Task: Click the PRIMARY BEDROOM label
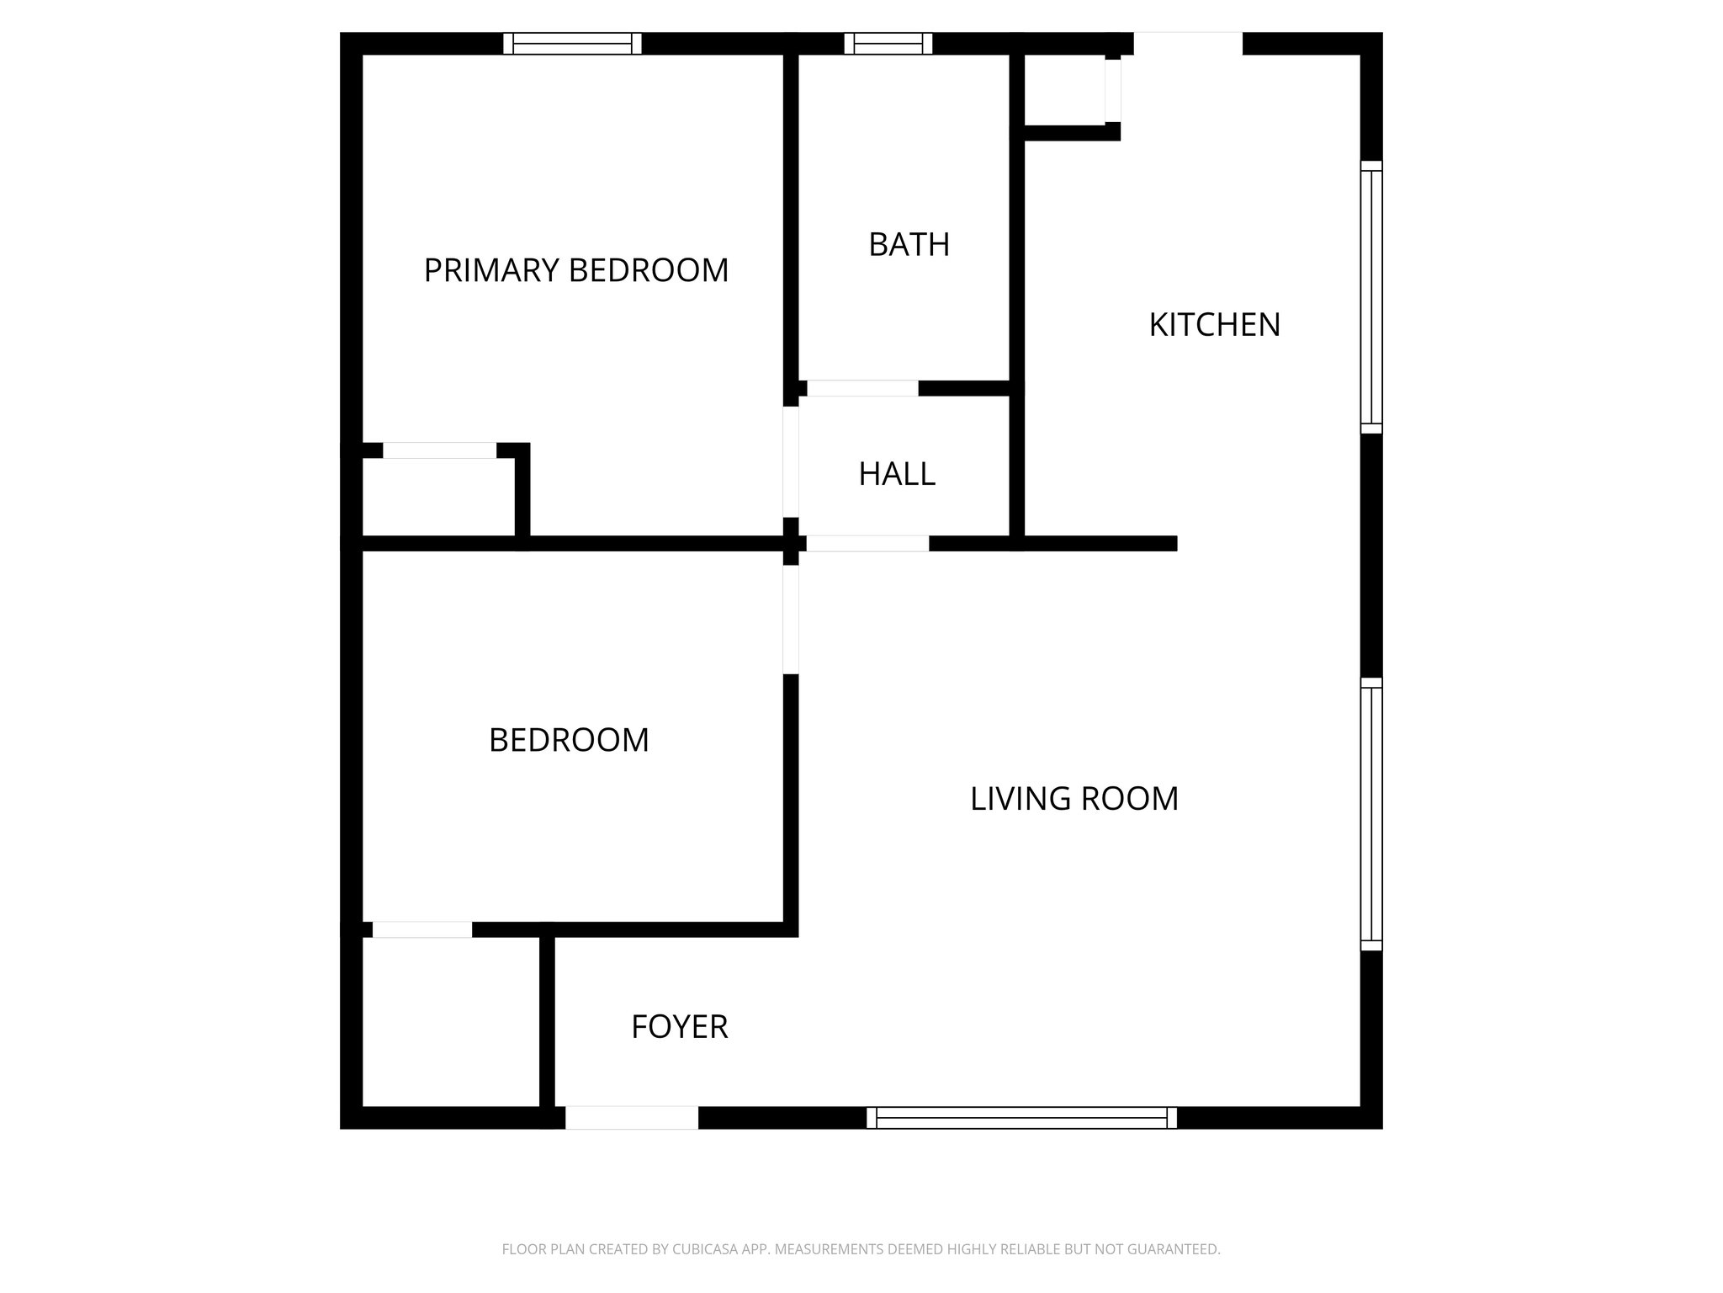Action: coord(575,270)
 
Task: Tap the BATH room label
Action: coord(909,244)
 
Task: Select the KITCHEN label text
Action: coord(1214,325)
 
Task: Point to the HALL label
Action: coord(896,474)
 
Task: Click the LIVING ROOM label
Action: coord(1074,799)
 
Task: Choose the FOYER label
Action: coord(679,1027)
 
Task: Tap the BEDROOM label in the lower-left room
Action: coord(569,740)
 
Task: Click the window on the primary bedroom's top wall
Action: coord(572,44)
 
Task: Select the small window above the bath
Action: coord(888,44)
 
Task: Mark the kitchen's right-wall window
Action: coord(1370,297)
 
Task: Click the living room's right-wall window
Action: coord(1370,814)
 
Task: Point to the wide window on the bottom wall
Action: coord(1021,1118)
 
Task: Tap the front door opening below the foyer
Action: coord(631,1118)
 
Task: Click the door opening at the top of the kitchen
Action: coord(1187,44)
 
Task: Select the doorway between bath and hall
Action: coord(861,388)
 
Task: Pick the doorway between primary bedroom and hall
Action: coord(790,461)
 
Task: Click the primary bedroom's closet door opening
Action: coord(439,450)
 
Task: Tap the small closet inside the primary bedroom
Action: coord(438,498)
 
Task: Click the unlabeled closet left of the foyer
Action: coord(450,1022)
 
